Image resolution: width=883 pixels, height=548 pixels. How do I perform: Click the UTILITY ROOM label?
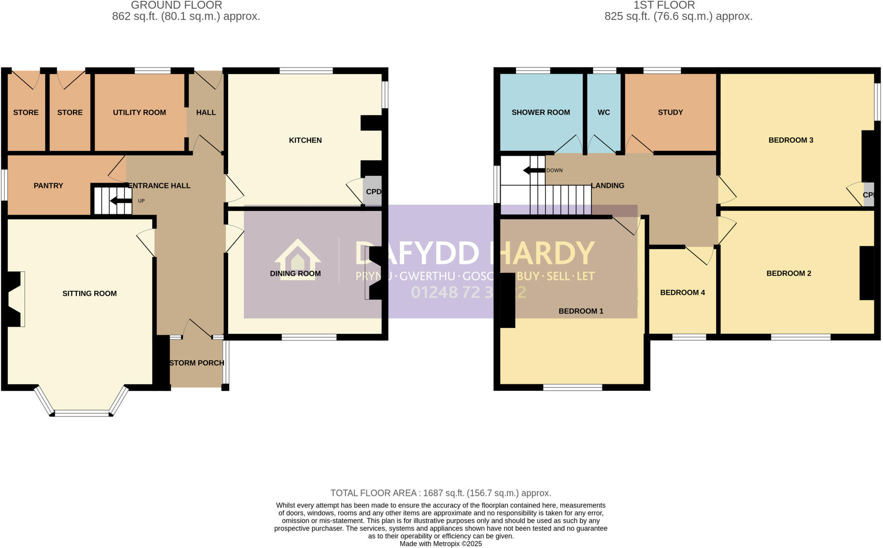click(139, 112)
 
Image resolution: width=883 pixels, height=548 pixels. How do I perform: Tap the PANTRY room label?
click(48, 186)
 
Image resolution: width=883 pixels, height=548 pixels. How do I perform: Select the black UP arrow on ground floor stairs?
click(121, 201)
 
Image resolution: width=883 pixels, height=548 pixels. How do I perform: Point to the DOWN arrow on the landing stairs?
click(534, 171)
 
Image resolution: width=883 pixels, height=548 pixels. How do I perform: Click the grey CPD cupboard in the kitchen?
click(373, 191)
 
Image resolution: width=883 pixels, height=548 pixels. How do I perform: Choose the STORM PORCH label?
click(197, 363)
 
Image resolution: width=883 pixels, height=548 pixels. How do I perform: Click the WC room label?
click(604, 112)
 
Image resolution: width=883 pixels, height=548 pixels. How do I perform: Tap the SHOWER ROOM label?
click(541, 112)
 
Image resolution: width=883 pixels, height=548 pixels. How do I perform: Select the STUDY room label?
click(670, 112)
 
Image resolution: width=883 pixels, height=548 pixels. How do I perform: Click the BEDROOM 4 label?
click(683, 293)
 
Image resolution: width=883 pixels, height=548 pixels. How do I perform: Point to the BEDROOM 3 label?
click(791, 140)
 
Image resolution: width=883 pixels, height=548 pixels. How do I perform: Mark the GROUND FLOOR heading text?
click(176, 5)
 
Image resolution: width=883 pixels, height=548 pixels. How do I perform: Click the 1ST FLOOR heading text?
click(664, 5)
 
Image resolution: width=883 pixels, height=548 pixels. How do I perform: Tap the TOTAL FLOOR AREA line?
click(441, 493)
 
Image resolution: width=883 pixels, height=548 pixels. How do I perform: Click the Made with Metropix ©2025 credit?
click(441, 544)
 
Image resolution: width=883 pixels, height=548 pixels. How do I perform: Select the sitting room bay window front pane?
click(82, 414)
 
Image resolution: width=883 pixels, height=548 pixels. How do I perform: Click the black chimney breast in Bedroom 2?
click(867, 273)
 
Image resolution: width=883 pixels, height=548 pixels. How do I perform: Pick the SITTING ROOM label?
click(90, 293)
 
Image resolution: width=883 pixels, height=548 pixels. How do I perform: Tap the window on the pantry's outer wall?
click(4, 185)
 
